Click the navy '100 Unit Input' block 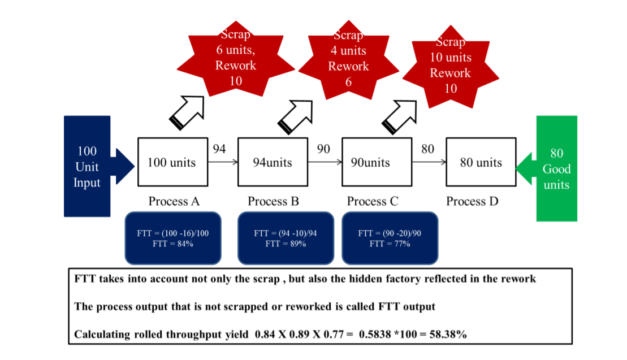(x=87, y=166)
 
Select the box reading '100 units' (x=173, y=162)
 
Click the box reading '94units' (x=273, y=162)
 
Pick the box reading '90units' (x=377, y=162)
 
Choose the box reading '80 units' (x=481, y=162)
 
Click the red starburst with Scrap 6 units (x=236, y=58)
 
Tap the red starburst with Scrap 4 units (x=349, y=59)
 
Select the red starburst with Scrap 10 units (x=451, y=66)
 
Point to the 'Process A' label (x=174, y=201)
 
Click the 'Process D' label (x=472, y=201)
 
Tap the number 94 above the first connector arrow (x=219, y=149)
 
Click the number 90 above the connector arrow (x=323, y=149)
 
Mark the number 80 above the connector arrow (x=427, y=149)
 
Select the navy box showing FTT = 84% (x=173, y=238)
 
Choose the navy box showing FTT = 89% (x=286, y=238)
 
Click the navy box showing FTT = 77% (x=390, y=238)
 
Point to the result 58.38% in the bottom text (x=448, y=334)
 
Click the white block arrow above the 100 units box (x=187, y=112)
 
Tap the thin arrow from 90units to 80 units (x=429, y=162)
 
